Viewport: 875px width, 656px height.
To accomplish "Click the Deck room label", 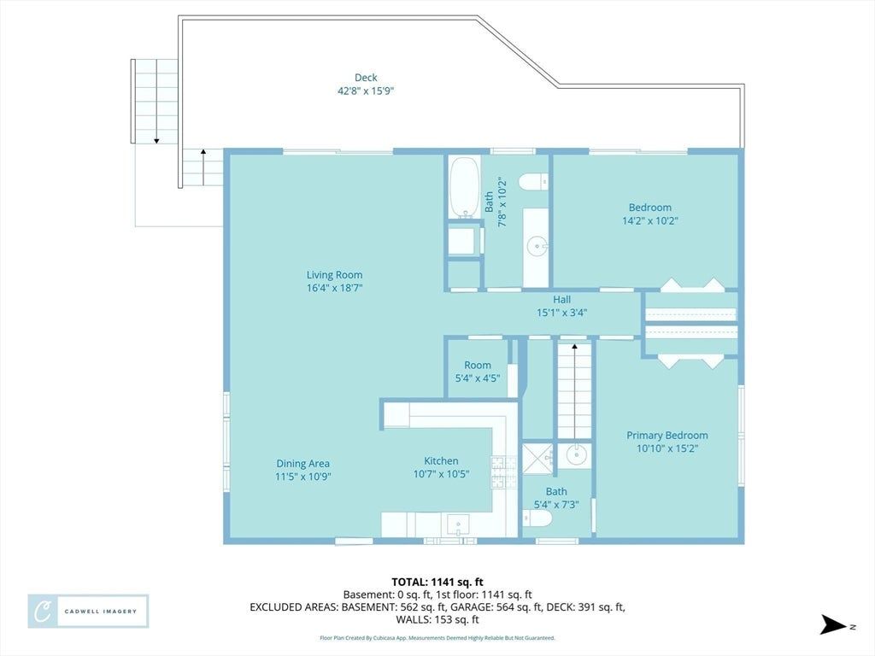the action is tap(366, 78).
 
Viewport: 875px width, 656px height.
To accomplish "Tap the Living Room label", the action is tap(334, 274).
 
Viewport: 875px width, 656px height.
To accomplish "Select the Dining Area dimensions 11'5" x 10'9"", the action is tap(303, 477).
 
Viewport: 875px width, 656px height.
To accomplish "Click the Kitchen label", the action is tap(441, 460).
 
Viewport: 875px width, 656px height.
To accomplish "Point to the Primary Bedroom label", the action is tap(667, 435).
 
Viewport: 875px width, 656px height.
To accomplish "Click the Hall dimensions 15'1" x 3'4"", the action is tap(562, 313).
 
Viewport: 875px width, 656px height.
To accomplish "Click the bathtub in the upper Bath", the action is tap(464, 187).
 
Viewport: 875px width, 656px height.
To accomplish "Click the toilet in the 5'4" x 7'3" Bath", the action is tap(537, 518).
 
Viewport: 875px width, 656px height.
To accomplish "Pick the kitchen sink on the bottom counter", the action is tap(458, 525).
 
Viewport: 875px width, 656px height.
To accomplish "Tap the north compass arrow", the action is tap(833, 624).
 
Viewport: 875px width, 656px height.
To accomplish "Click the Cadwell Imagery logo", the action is tap(88, 612).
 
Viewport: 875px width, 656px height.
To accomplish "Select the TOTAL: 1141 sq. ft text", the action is tap(437, 583).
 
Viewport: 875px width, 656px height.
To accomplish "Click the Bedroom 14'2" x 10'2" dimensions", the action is tap(650, 220).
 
